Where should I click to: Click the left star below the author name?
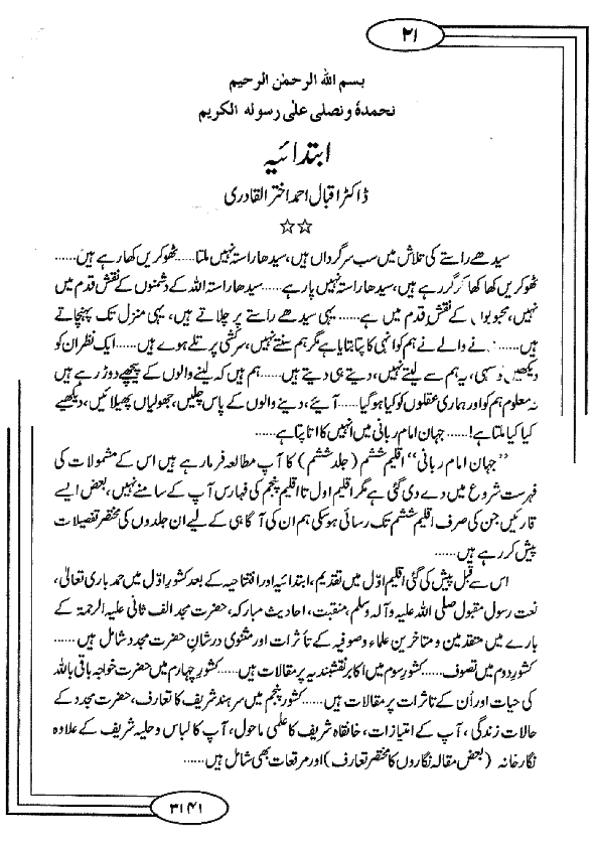[290, 227]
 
